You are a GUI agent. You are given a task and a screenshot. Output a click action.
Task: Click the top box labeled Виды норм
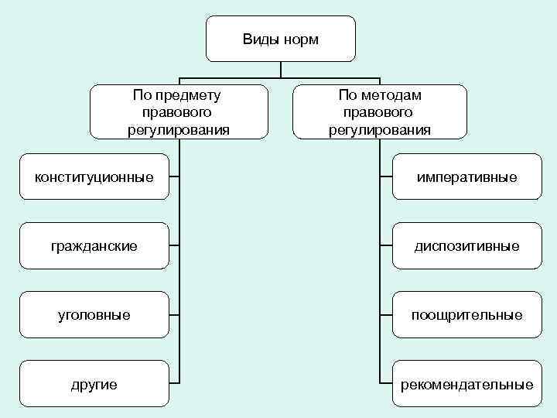[280, 38]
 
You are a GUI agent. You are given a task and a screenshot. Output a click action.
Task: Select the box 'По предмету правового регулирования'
[179, 111]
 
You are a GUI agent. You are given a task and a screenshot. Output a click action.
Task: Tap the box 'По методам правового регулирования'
[380, 111]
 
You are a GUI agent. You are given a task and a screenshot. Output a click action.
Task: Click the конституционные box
[94, 177]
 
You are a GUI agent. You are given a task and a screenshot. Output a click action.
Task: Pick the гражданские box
[94, 245]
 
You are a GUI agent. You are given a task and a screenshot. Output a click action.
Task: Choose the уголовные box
[94, 314]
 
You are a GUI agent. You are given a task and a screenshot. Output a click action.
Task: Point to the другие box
[94, 383]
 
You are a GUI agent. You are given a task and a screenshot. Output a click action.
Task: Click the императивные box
[466, 177]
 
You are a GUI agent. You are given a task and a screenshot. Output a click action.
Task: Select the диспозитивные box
[466, 245]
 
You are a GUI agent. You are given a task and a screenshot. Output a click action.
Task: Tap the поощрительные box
[466, 314]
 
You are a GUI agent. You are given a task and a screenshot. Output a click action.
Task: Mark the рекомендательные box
[466, 383]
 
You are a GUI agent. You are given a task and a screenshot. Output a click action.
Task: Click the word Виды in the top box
[259, 39]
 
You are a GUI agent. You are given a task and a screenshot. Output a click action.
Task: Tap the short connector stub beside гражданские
[175, 245]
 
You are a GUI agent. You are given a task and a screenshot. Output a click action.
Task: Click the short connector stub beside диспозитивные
[386, 245]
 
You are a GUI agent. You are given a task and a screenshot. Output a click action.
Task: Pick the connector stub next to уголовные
[175, 314]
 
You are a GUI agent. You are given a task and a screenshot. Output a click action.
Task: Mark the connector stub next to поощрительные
[386, 314]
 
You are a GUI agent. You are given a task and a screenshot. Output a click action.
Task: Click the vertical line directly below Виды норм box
[280, 69]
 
